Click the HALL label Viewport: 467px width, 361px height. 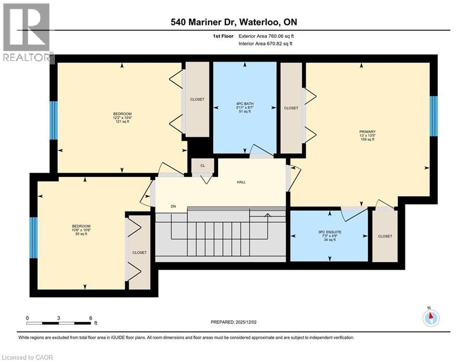click(241, 182)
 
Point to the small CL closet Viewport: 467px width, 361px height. click(202, 165)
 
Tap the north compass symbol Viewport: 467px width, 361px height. click(430, 317)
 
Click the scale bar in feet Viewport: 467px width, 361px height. click(59, 323)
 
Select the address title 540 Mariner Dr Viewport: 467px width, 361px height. click(233, 22)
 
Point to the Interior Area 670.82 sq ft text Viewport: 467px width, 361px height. click(266, 44)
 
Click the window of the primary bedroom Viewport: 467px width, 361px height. click(434, 116)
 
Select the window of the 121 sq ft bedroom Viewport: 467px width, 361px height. click(54, 120)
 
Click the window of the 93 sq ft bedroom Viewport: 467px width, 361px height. click(33, 237)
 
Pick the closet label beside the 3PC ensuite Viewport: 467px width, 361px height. click(385, 236)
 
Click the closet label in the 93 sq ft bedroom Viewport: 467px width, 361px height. click(139, 252)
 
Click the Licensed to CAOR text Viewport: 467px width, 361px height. click(27, 357)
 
